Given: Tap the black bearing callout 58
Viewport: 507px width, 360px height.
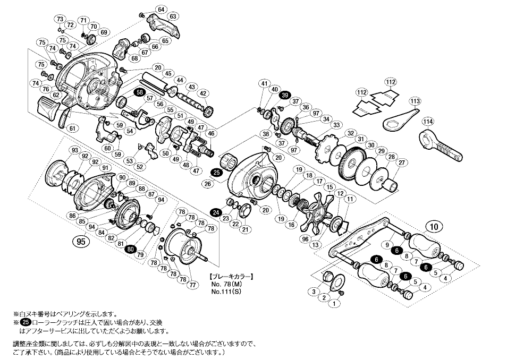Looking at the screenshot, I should tap(139, 92).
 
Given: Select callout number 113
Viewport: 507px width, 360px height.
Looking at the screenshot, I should tap(415, 101).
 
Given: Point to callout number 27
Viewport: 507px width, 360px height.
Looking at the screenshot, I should tap(401, 162).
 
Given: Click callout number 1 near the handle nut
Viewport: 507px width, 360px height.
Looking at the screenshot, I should tap(334, 303).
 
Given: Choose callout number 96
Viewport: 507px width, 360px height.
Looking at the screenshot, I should tap(305, 239).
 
